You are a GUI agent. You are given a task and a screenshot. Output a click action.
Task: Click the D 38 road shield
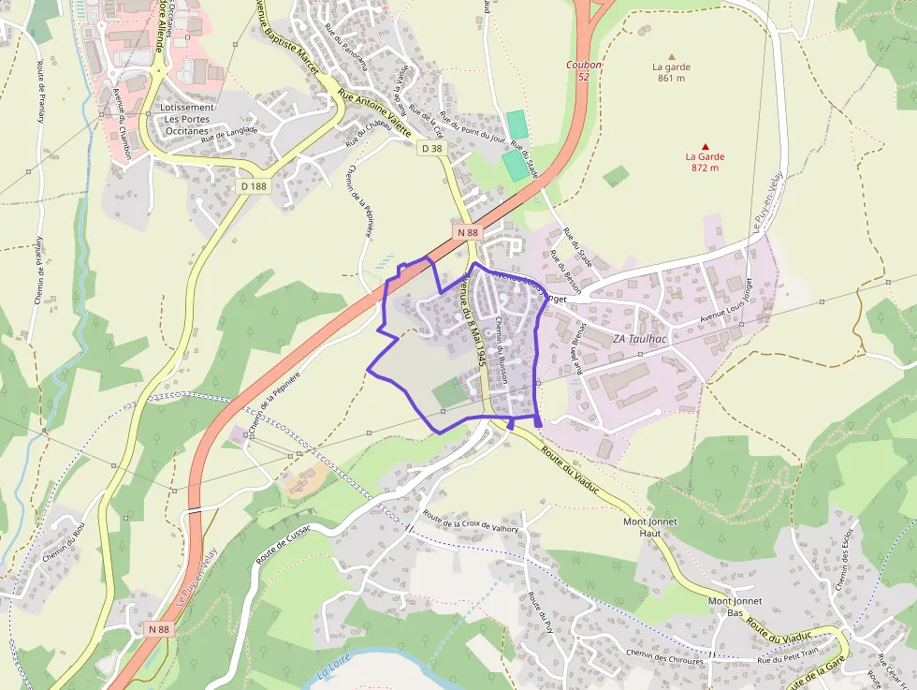pyautogui.click(x=431, y=148)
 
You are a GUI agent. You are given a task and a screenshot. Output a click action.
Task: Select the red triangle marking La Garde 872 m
pyautogui.click(x=705, y=146)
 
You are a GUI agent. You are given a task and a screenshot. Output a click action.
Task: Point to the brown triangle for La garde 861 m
pyautogui.click(x=670, y=56)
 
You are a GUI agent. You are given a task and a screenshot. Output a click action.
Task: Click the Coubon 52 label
pyautogui.click(x=583, y=70)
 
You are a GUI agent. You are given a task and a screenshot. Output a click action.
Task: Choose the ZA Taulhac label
pyautogui.click(x=640, y=339)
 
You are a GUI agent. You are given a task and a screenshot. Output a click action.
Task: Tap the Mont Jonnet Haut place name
pyautogui.click(x=649, y=526)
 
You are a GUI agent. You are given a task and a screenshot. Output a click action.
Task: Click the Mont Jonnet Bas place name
pyautogui.click(x=735, y=607)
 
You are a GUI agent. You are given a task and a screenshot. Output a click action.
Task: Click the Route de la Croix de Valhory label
pyautogui.click(x=471, y=522)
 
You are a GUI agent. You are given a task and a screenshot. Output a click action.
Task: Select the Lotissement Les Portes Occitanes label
pyautogui.click(x=187, y=119)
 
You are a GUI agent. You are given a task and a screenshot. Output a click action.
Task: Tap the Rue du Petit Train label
pyautogui.click(x=788, y=659)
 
